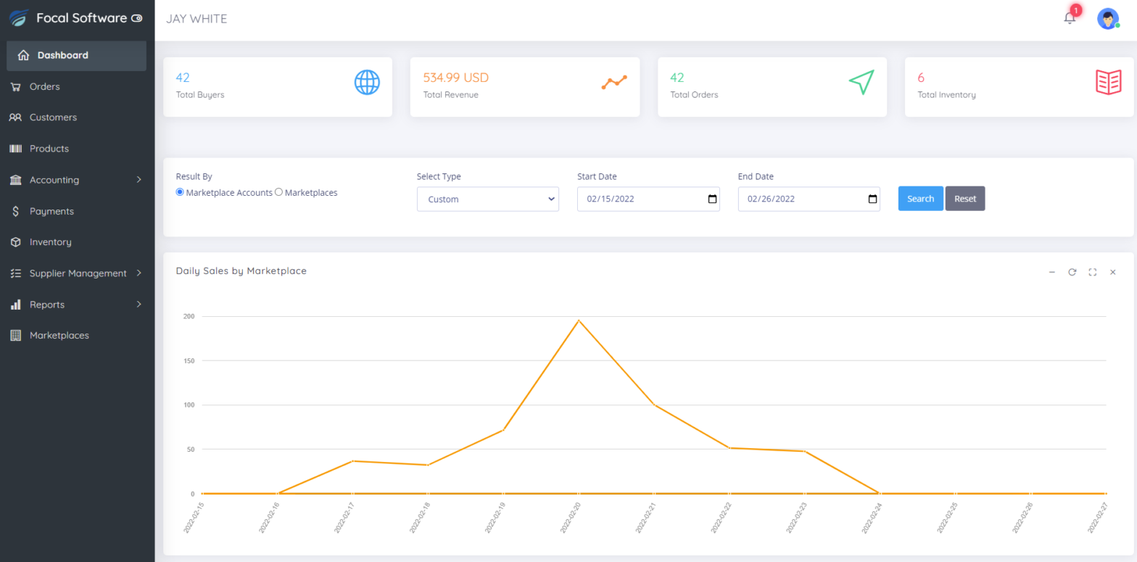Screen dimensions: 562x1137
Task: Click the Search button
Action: (920, 199)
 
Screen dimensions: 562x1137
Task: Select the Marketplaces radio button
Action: (279, 193)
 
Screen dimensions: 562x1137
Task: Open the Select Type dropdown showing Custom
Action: (487, 199)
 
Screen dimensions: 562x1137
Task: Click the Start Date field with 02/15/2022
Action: (638, 199)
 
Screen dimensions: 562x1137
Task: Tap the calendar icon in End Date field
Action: (872, 199)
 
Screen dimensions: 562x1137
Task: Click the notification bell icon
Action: (1070, 18)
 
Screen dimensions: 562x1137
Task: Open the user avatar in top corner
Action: (1107, 19)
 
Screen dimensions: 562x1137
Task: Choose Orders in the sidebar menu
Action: (44, 86)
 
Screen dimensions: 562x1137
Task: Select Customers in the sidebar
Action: (53, 117)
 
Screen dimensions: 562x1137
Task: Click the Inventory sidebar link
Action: (50, 242)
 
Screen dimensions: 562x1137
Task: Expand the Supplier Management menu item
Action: (78, 273)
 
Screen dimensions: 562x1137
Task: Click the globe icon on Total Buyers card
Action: (367, 82)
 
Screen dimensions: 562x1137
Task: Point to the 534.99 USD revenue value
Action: (455, 78)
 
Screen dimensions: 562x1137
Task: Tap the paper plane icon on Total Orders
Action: (861, 82)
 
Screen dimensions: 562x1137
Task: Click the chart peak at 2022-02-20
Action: (578, 321)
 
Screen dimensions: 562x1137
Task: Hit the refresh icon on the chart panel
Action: (1072, 272)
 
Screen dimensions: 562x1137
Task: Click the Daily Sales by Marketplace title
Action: (241, 271)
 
